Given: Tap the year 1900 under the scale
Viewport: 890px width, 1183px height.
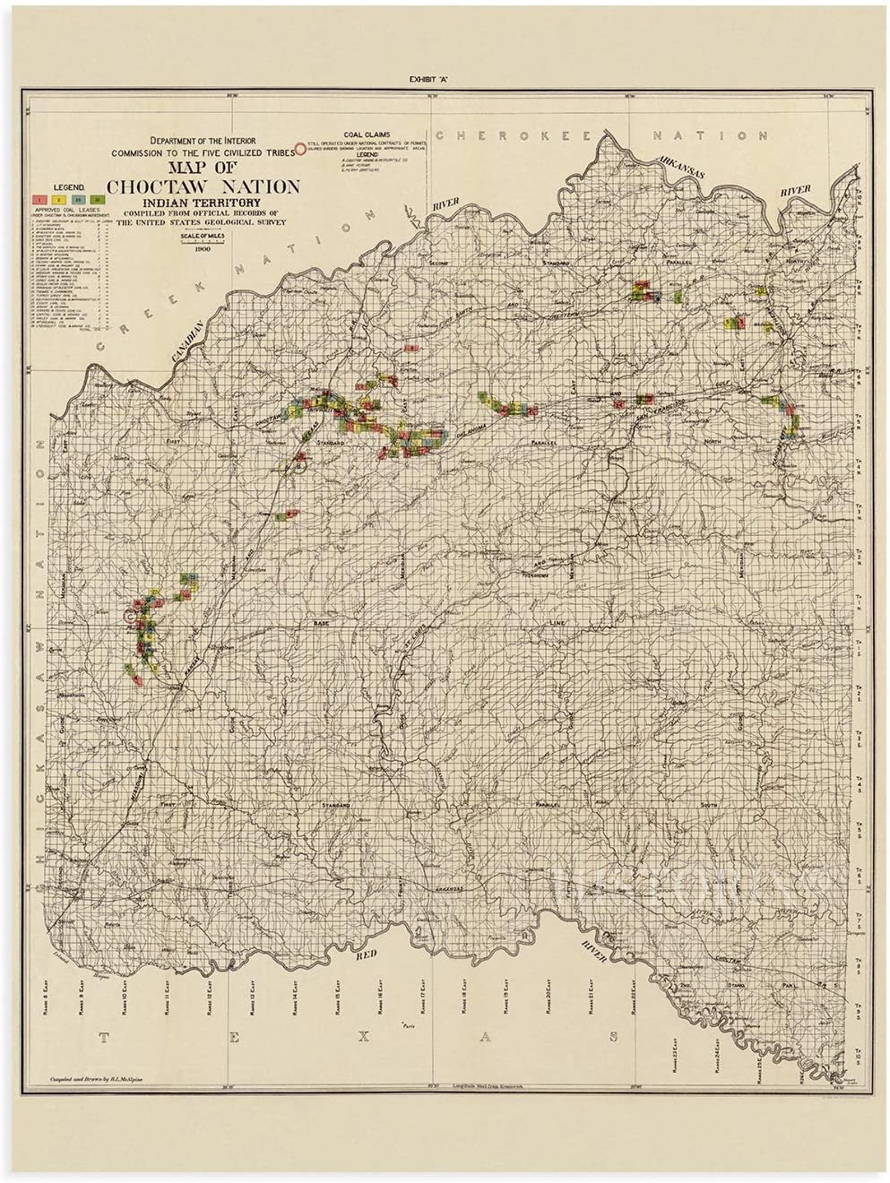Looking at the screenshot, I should tap(202, 249).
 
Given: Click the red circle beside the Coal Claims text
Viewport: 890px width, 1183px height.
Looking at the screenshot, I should tap(300, 149).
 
